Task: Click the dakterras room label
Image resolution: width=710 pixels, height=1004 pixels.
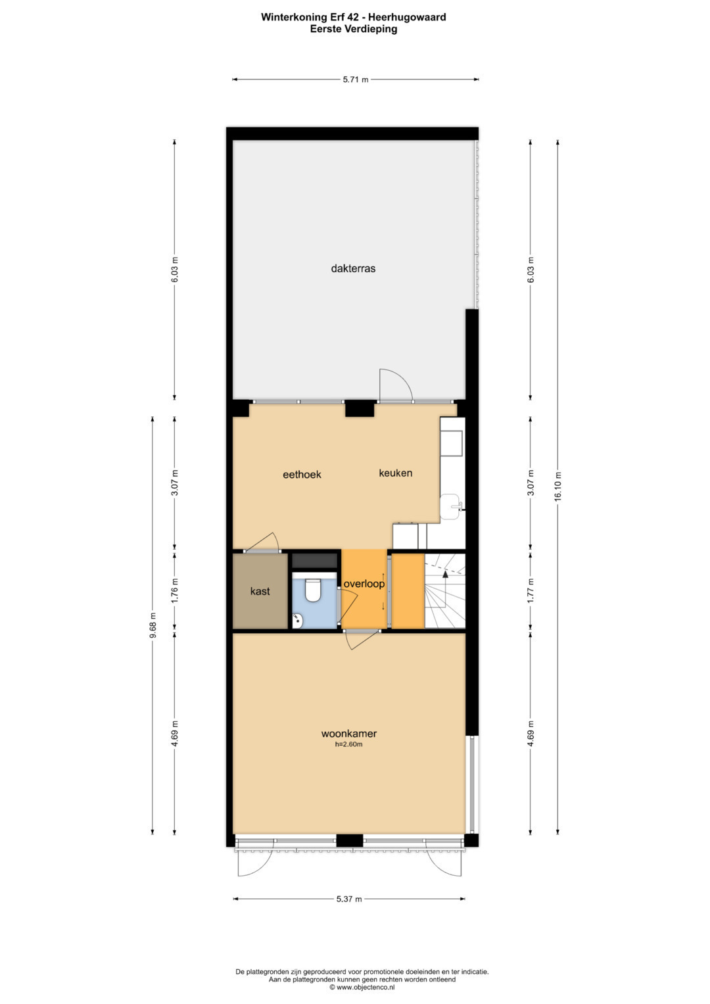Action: (353, 268)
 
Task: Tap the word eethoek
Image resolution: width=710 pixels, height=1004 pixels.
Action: (302, 474)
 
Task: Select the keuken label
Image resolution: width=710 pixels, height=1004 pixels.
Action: (395, 473)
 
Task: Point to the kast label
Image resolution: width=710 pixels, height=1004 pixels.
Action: (260, 591)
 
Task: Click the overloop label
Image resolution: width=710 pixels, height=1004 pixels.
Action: (364, 584)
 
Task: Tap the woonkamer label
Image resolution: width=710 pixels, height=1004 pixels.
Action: (348, 734)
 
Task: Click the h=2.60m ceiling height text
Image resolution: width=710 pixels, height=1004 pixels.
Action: (348, 744)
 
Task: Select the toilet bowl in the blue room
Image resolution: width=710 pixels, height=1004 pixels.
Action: (312, 589)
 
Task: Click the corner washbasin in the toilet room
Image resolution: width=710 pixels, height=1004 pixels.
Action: (297, 621)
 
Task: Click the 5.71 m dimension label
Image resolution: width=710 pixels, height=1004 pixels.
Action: (356, 80)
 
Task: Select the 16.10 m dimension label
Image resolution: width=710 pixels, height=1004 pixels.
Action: (557, 487)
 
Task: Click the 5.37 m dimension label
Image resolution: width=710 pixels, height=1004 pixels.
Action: (348, 899)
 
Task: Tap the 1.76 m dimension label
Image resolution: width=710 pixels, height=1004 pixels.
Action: (175, 590)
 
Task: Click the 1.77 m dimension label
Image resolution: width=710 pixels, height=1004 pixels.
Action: (531, 590)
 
